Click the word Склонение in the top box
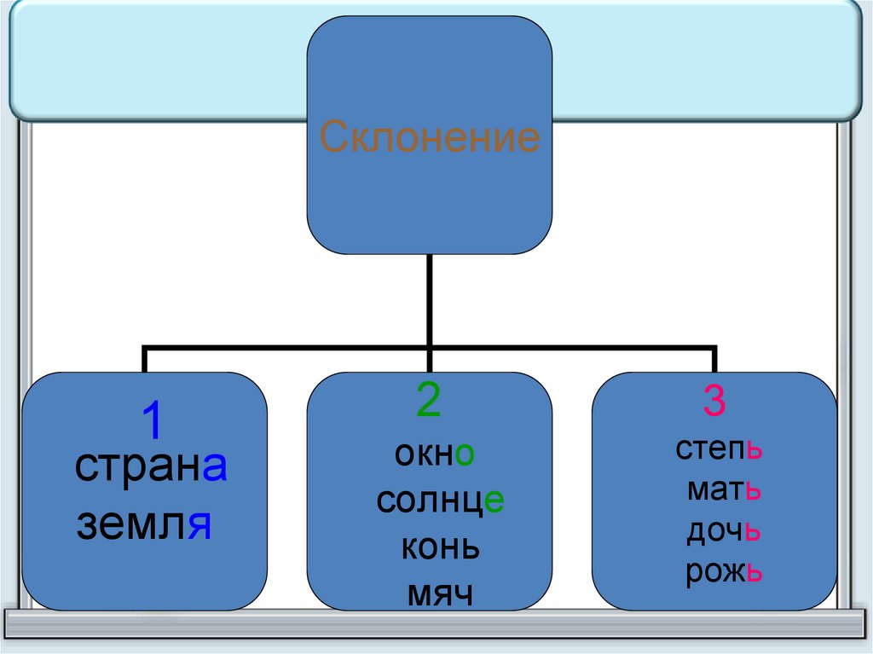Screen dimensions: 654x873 [430, 136]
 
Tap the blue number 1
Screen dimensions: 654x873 [150, 421]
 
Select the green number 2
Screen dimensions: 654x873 [428, 401]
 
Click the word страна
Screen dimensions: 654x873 [150, 466]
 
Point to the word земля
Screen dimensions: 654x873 [143, 522]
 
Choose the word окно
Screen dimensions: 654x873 [434, 454]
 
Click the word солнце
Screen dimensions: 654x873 [440, 501]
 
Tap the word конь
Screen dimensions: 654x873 [440, 547]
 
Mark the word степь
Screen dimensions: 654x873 [718, 449]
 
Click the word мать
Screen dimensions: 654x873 [723, 491]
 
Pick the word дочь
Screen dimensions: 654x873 [723, 531]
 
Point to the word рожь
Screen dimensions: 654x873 [723, 572]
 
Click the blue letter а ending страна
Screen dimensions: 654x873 [214, 466]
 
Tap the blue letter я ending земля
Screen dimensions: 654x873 [199, 524]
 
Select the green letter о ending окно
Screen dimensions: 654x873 [464, 455]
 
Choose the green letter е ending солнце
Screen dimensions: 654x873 [495, 501]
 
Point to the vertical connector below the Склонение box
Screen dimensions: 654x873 [430, 298]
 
